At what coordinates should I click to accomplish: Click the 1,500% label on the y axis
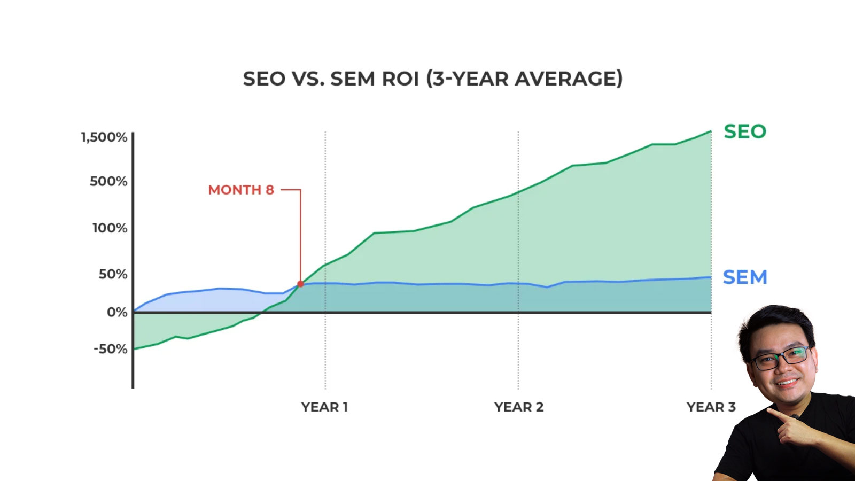[x=104, y=137]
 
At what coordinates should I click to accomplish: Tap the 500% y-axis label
[x=108, y=182]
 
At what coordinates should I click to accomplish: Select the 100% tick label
[x=110, y=228]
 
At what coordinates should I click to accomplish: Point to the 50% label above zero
[x=113, y=274]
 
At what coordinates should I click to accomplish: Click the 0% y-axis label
[x=117, y=312]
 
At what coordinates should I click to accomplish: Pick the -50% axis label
[x=111, y=349]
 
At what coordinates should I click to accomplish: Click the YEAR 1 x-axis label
[x=324, y=407]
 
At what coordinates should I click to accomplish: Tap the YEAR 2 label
[x=518, y=407]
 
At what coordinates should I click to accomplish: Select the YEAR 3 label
[x=711, y=407]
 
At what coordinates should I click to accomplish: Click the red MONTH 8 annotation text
[x=241, y=190]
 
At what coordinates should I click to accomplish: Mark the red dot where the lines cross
[x=300, y=284]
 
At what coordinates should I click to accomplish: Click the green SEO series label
[x=745, y=131]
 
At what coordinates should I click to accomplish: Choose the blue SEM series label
[x=745, y=277]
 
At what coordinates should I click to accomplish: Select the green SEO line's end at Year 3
[x=711, y=131]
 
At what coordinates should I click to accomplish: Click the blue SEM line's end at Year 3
[x=711, y=277]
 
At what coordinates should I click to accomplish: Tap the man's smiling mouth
[x=788, y=382]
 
